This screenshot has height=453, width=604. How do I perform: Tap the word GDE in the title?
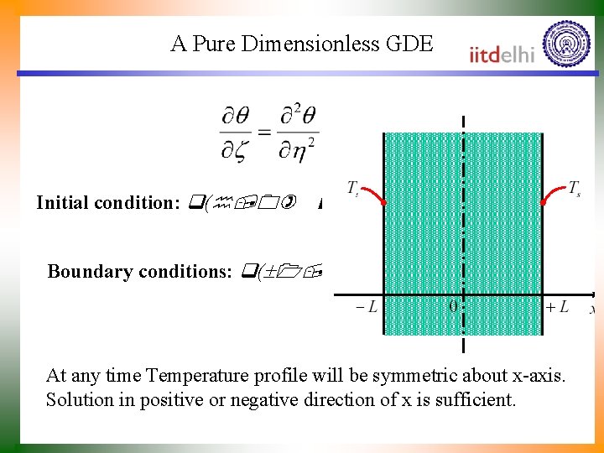(x=410, y=44)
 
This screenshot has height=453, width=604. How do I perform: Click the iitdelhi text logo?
(x=502, y=54)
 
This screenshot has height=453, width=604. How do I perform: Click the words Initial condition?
(x=102, y=203)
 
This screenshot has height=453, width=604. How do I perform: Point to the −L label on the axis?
(x=366, y=307)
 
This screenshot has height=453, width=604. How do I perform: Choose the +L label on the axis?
(x=557, y=307)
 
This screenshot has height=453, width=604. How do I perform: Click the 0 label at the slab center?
(x=453, y=307)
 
